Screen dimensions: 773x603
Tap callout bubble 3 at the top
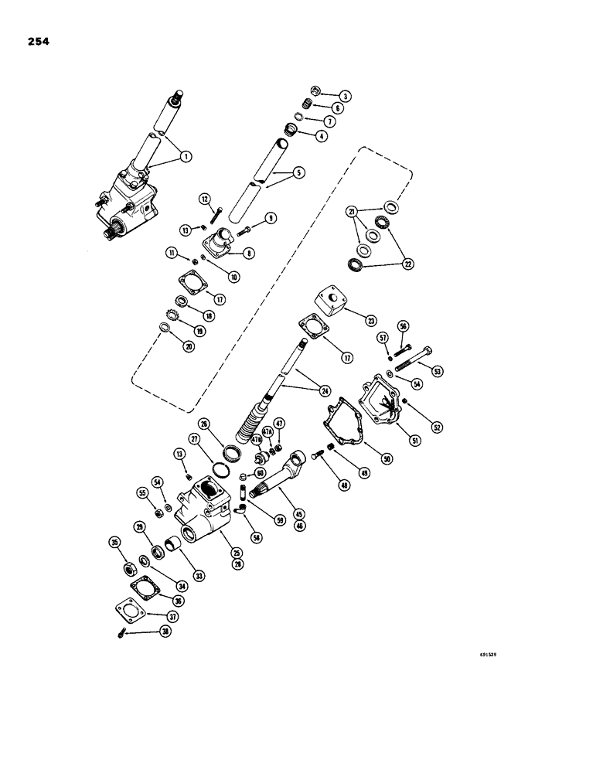click(345, 96)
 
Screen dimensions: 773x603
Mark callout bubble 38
click(163, 632)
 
